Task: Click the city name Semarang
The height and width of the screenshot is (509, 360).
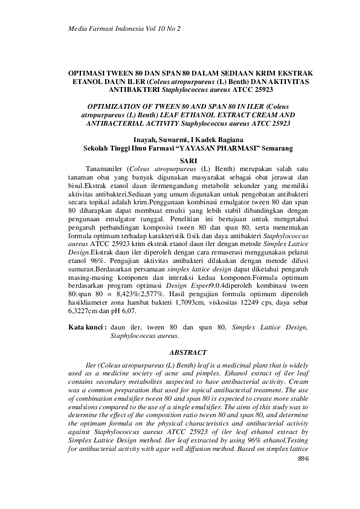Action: pyautogui.click(x=272, y=147)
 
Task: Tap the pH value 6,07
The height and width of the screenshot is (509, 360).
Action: pyautogui.click(x=127, y=311)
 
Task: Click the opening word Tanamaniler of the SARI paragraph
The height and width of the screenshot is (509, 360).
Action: pyautogui.click(x=106, y=167)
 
